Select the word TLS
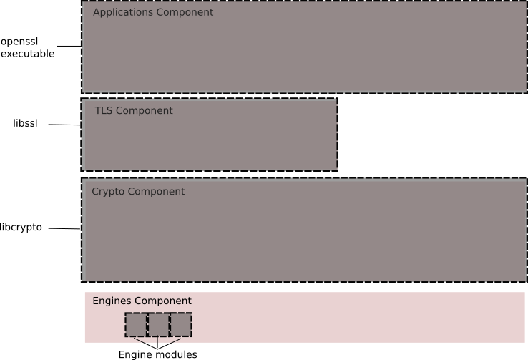click(x=104, y=111)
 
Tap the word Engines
click(x=112, y=301)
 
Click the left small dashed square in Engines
click(x=136, y=325)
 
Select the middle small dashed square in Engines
click(x=158, y=325)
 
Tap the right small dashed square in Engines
click(x=180, y=325)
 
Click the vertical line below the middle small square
click(x=157, y=340)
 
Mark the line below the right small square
click(x=175, y=340)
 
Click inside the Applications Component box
click(x=305, y=54)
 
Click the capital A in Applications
click(x=97, y=12)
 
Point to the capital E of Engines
click(x=96, y=301)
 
